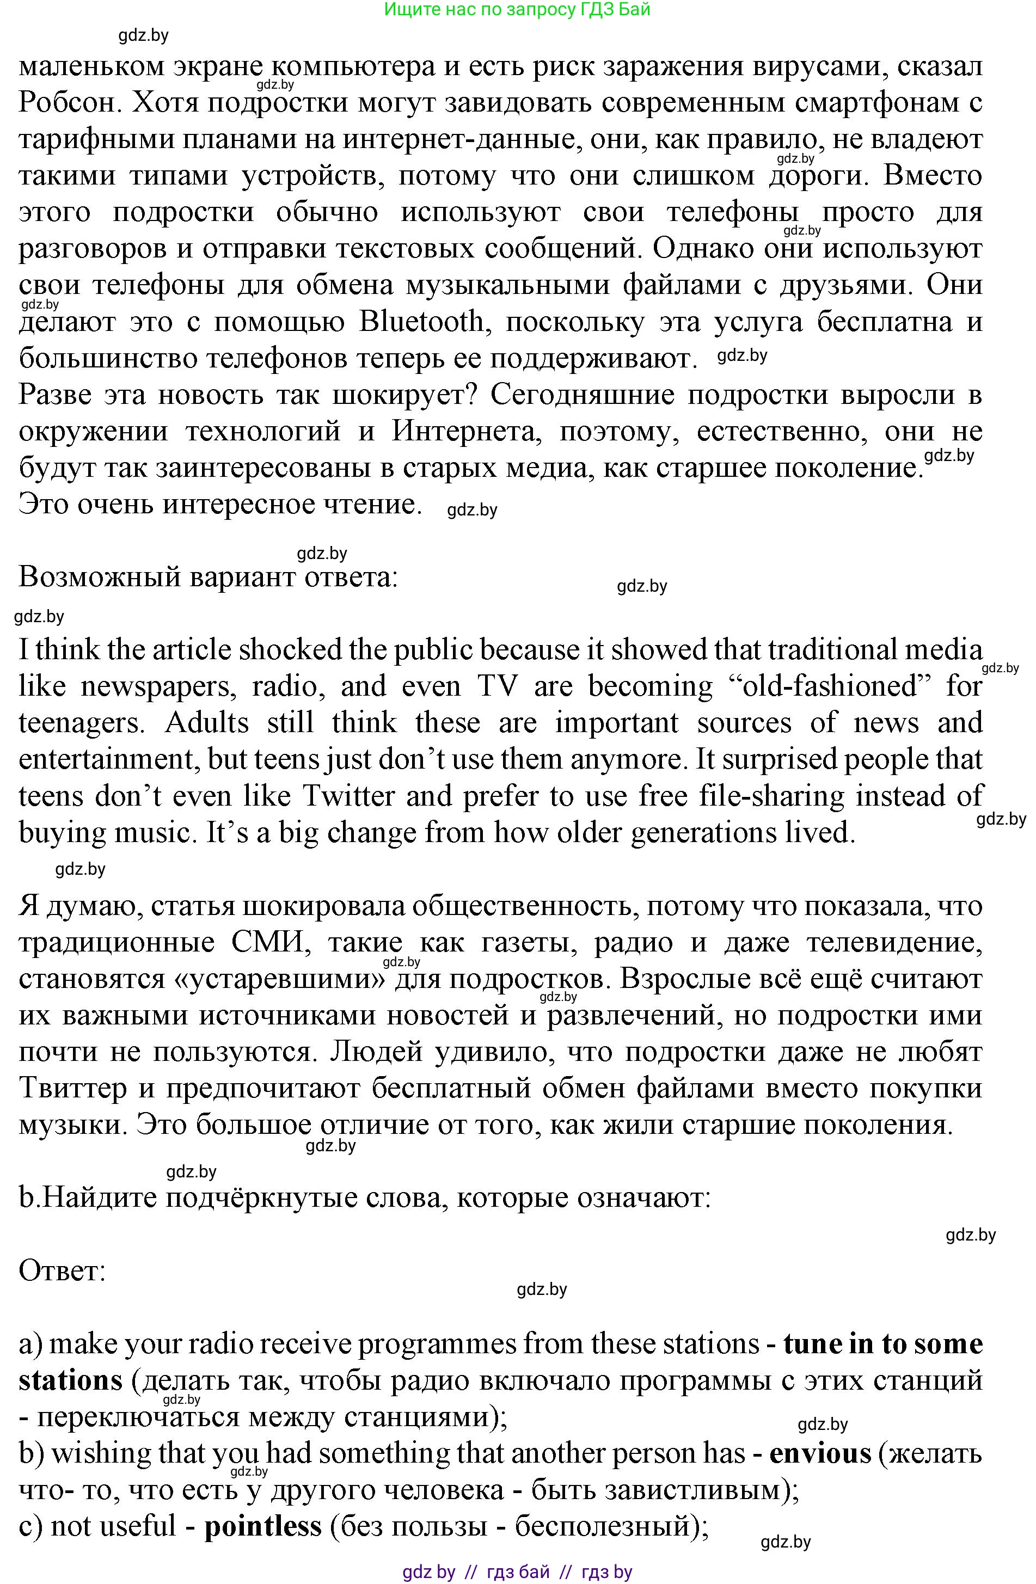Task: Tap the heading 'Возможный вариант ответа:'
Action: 208,576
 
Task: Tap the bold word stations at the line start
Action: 71,1381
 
